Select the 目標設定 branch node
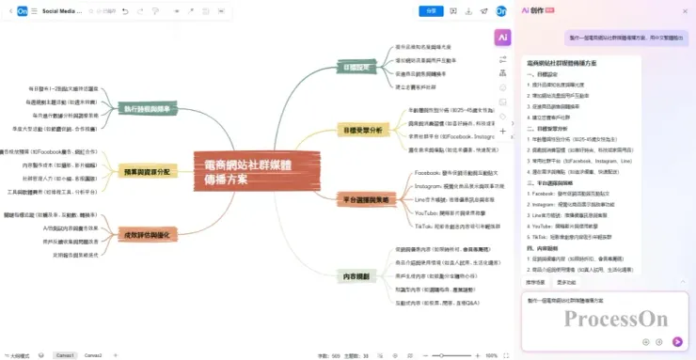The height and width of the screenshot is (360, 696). point(359,67)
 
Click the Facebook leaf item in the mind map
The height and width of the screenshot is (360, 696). point(454,174)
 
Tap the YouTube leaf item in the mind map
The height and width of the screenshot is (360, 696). point(454,213)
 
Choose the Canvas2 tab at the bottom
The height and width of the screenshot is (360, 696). point(93,355)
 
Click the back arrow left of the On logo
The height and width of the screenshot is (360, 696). point(8,11)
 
